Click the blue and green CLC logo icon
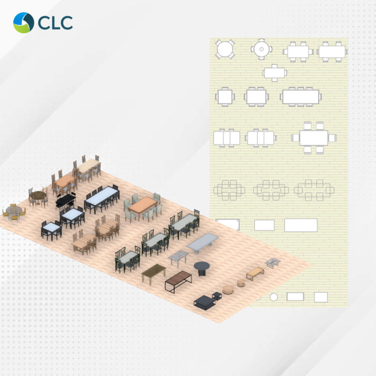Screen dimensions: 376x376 pyautogui.click(x=23, y=23)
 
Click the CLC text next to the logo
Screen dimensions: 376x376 pyautogui.click(x=55, y=23)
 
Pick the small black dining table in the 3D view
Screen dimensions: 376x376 pyautogui.click(x=65, y=201)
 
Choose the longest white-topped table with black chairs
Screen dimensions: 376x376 pyautogui.click(x=102, y=198)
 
